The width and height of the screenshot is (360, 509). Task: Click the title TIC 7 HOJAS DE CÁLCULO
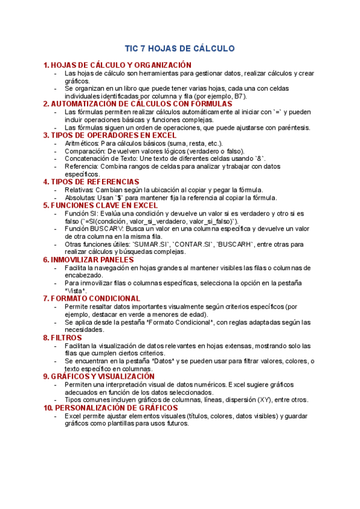point(179,48)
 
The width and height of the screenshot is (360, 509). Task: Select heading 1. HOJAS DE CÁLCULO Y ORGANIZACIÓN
point(118,65)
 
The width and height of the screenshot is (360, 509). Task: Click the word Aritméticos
point(82,143)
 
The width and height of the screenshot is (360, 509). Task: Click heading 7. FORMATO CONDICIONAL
point(92,298)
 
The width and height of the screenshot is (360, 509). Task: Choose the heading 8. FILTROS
point(62,338)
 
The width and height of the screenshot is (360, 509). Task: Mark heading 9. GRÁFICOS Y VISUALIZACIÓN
point(99,376)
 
